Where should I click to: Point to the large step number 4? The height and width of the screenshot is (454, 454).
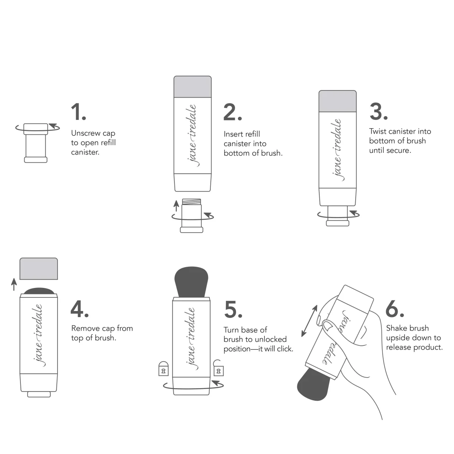[79, 309]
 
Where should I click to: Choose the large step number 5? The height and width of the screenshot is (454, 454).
[233, 309]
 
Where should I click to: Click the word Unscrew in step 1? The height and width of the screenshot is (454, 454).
[86, 134]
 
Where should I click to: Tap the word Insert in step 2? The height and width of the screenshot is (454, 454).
[233, 134]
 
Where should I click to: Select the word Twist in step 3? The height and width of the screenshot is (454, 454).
[378, 132]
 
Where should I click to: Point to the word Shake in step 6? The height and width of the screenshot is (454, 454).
[396, 328]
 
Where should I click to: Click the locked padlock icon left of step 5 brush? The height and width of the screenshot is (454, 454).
[163, 369]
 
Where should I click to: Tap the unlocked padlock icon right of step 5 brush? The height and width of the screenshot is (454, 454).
[218, 368]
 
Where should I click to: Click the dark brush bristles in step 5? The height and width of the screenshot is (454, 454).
[191, 282]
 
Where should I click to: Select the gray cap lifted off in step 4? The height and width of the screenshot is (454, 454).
[39, 269]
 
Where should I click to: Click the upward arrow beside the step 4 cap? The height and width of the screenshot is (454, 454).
[14, 284]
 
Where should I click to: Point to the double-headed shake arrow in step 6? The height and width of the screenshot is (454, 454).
[309, 321]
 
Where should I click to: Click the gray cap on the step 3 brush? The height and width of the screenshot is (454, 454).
[337, 101]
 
